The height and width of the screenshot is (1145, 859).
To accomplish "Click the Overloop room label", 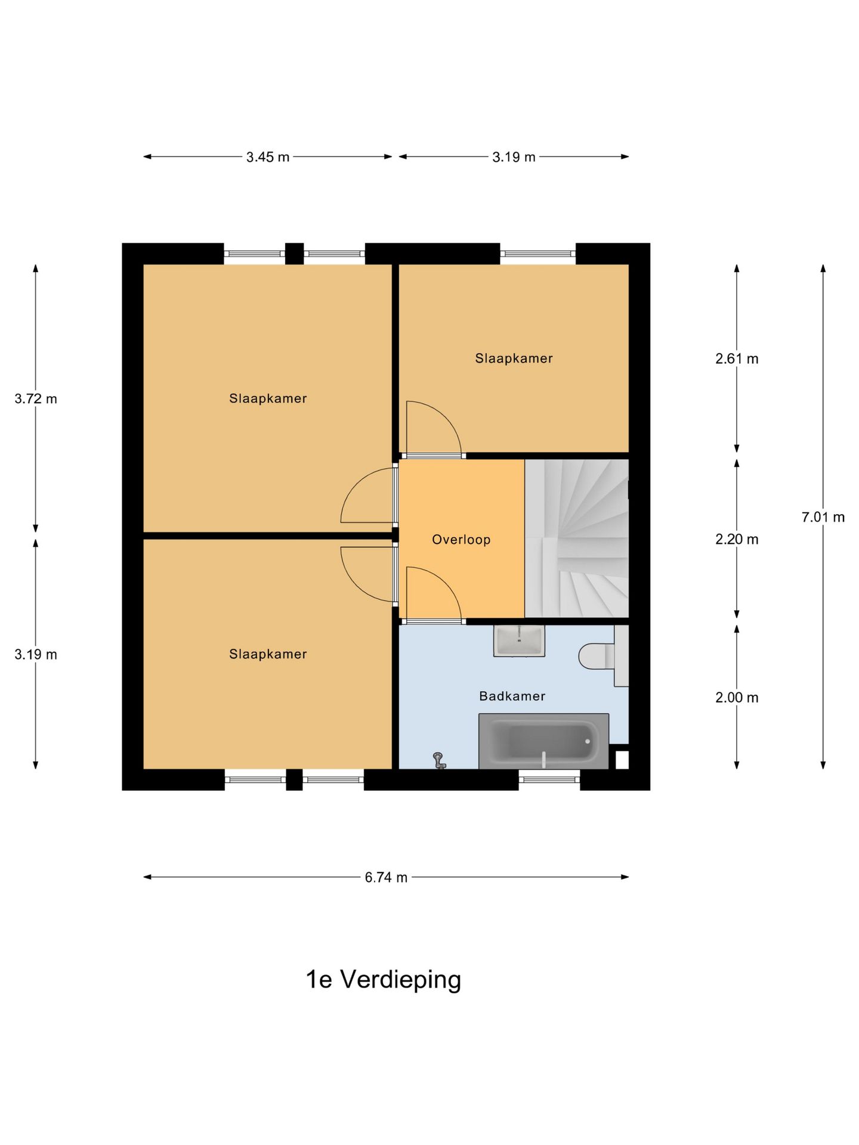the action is tap(461, 539).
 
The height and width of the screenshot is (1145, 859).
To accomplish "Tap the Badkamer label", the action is tap(512, 696).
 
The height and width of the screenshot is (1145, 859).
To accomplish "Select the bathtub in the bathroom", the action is tap(543, 741).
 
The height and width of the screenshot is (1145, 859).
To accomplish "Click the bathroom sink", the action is tap(519, 640).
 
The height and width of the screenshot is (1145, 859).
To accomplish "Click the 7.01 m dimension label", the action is tap(823, 517).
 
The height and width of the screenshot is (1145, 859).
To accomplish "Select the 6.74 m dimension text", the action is tap(386, 877).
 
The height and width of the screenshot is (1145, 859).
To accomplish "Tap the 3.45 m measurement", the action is tap(268, 157).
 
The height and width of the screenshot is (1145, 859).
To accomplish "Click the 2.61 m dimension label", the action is tap(737, 358).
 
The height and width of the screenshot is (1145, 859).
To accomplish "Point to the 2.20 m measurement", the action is tap(737, 539).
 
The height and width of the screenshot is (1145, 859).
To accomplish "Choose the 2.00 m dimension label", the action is tap(737, 697).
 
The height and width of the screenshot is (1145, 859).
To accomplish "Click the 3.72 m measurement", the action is tap(36, 398).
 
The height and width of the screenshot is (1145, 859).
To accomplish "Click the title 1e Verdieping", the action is tap(384, 979).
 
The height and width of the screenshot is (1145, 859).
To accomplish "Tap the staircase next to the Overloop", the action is tap(576, 539).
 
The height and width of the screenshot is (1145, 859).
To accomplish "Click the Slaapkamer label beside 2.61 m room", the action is tap(514, 358).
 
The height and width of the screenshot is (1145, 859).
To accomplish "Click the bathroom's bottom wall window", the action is tap(549, 779).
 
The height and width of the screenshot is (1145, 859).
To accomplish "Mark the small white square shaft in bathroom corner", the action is tap(622, 760).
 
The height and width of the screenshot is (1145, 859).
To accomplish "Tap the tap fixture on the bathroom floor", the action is tap(439, 760).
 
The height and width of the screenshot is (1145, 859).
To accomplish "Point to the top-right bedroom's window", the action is tap(537, 253).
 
